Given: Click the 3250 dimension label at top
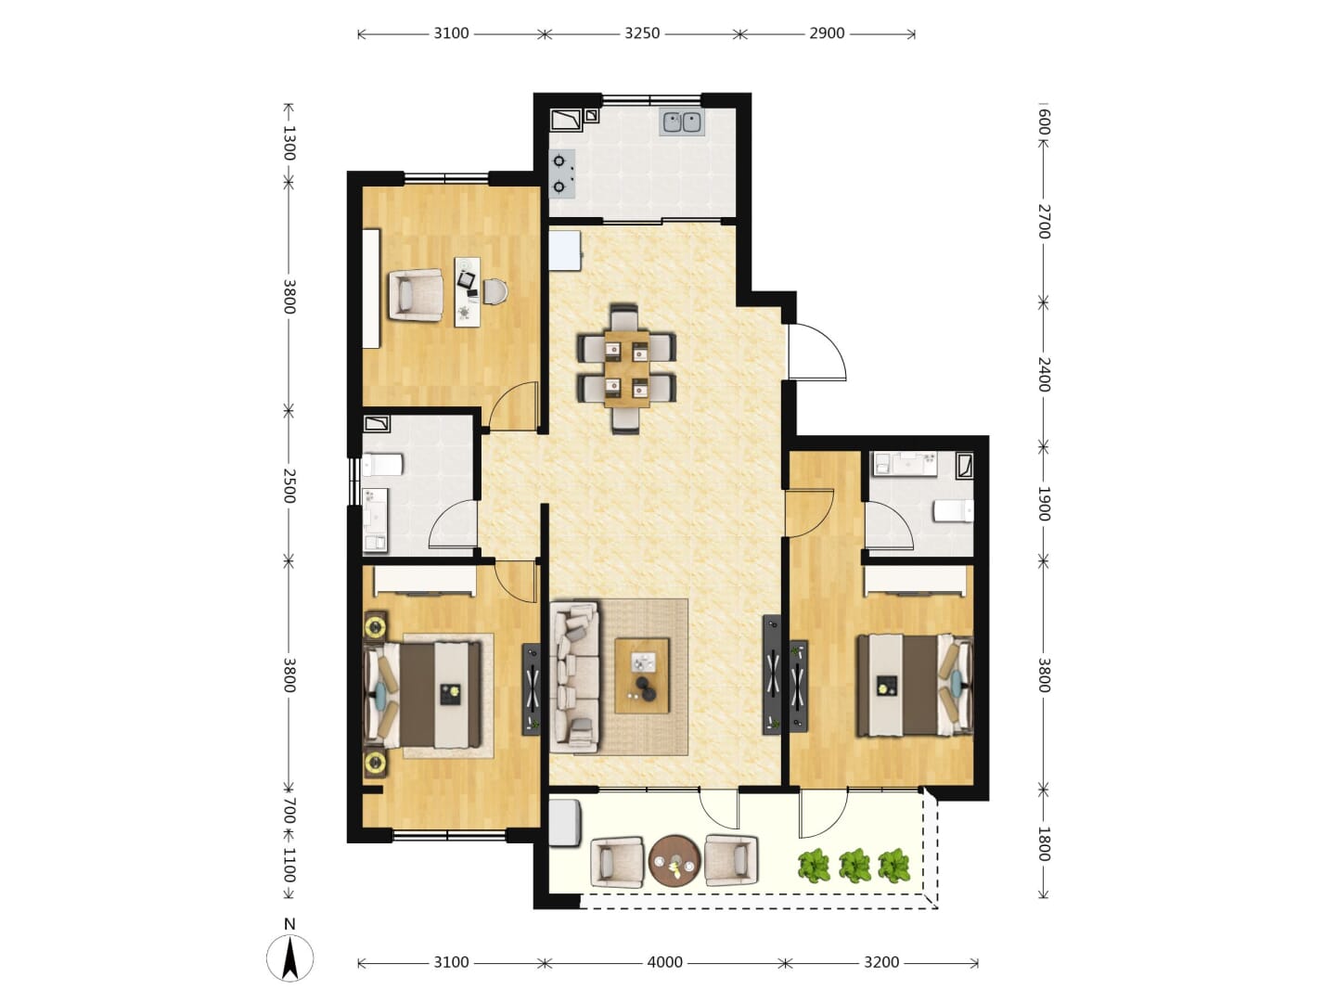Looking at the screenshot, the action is [641, 33].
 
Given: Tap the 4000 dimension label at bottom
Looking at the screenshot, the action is [664, 962].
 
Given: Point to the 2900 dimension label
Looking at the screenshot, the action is [826, 33].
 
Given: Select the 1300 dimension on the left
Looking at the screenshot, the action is [289, 143].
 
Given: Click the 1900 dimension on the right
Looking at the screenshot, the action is [1043, 504].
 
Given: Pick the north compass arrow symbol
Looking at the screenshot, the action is [290, 958].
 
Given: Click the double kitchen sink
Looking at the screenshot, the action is [681, 122].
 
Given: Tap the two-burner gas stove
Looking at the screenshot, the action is [561, 174].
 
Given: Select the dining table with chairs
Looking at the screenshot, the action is [626, 369].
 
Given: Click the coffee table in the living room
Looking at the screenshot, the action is [641, 675].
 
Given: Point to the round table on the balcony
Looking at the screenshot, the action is [674, 862].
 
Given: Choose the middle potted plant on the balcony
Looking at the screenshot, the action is [854, 865].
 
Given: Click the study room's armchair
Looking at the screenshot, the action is [416, 295].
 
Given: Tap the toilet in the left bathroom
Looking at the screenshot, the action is [382, 465].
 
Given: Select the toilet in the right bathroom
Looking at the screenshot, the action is [954, 511].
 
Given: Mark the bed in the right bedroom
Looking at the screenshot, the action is [914, 685].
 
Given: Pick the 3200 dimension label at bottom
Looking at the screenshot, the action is [881, 962].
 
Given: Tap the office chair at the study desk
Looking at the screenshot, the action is [495, 291].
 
